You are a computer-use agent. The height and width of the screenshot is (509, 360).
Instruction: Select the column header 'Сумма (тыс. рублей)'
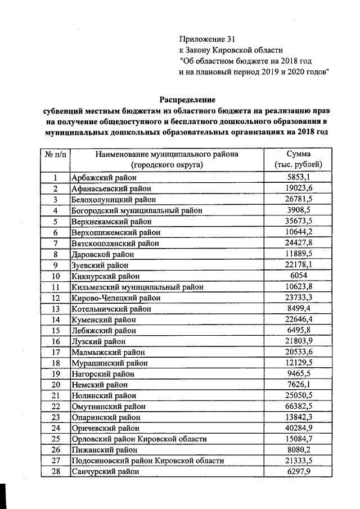[298, 159]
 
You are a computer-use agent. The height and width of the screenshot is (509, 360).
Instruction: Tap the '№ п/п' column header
[56, 154]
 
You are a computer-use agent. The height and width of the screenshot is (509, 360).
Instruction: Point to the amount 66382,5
[299, 406]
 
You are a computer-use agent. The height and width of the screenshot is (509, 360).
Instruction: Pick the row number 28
[56, 472]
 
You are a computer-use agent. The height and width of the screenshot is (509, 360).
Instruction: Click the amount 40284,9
[299, 428]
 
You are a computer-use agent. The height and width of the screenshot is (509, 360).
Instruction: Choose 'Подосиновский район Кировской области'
[147, 461]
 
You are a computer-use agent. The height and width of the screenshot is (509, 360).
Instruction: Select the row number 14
[56, 319]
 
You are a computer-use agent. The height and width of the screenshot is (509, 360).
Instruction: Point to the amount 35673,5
[299, 222]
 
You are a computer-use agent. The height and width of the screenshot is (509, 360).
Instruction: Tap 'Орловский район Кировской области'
[139, 439]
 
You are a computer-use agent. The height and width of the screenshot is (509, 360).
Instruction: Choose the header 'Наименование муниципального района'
[166, 154]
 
